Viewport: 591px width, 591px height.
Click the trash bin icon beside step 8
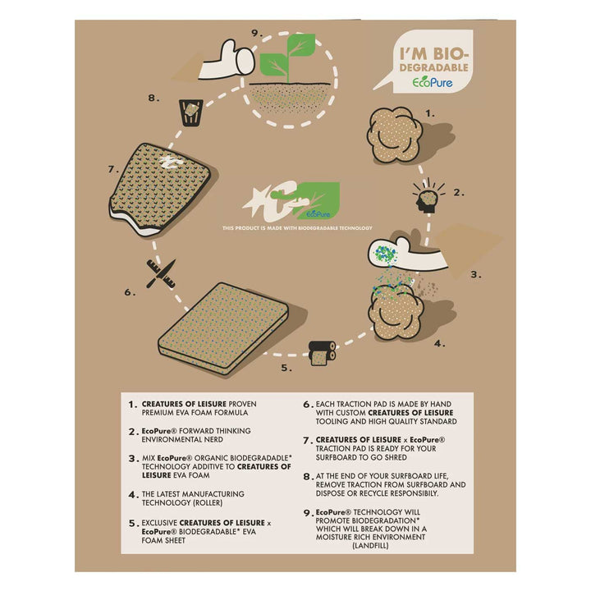[x=191, y=112]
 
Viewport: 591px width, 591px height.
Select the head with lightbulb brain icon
[x=428, y=196]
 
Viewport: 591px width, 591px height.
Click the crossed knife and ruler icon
[x=161, y=274]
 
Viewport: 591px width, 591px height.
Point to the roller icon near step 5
[x=322, y=353]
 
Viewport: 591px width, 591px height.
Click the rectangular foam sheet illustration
[x=223, y=328]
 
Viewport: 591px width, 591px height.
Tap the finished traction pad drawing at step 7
[x=159, y=190]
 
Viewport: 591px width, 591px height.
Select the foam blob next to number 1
[x=395, y=135]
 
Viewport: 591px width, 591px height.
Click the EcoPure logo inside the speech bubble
[x=433, y=83]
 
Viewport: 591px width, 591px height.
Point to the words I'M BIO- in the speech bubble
[x=434, y=53]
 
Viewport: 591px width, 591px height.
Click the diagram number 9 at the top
[x=257, y=34]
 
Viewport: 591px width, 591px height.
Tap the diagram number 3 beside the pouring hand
[x=476, y=275]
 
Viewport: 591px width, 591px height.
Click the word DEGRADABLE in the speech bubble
[x=434, y=68]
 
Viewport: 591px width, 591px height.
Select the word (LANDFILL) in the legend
[x=370, y=545]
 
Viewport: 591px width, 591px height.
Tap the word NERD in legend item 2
[x=213, y=439]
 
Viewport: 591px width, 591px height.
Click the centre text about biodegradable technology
[x=297, y=228]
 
